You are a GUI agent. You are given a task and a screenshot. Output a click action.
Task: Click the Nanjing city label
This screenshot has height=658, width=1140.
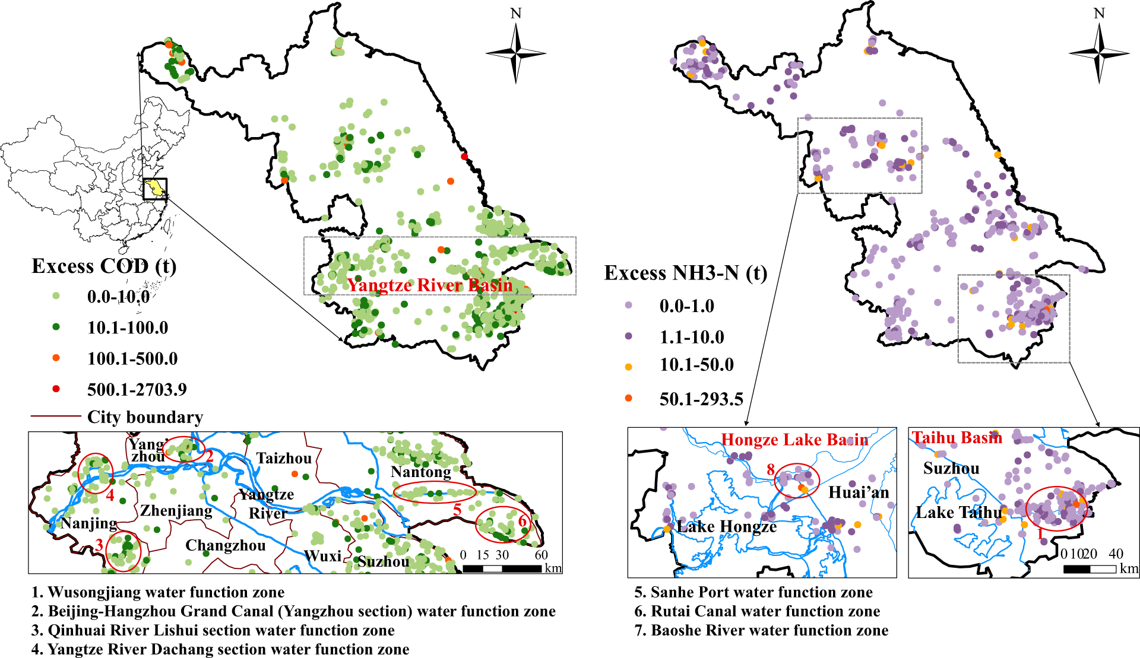point(89,523)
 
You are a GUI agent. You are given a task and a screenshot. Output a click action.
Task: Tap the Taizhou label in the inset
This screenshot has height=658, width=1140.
point(284,458)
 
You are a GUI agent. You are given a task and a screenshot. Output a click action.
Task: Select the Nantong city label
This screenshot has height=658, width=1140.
point(420,472)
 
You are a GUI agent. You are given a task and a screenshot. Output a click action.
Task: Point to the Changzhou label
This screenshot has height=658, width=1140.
point(225,545)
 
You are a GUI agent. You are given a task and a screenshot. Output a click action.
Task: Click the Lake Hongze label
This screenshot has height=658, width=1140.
point(727,526)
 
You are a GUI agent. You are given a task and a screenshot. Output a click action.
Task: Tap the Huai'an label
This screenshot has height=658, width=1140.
point(859,492)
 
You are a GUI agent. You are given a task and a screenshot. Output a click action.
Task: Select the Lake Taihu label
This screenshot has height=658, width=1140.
point(958,513)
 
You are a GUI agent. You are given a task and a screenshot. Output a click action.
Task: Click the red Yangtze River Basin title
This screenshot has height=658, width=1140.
point(429,285)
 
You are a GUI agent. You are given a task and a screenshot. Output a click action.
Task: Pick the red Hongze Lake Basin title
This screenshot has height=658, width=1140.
point(794,440)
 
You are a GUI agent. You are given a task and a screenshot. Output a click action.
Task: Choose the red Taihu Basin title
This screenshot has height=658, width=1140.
point(957,438)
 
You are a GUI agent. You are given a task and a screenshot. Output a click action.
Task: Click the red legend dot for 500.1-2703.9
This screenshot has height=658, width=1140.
point(56,389)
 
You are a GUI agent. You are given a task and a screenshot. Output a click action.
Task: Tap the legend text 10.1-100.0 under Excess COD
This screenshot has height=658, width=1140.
point(128,328)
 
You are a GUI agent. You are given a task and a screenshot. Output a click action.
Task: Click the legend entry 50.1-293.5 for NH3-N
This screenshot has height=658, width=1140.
point(701,399)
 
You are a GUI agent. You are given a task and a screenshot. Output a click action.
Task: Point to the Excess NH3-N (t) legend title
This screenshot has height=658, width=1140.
point(685,273)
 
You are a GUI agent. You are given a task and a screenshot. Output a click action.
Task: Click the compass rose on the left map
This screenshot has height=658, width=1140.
point(515,53)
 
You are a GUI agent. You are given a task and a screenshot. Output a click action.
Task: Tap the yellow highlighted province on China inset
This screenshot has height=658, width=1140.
point(156,189)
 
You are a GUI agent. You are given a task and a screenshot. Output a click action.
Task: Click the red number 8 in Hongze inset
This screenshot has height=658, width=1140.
point(770,470)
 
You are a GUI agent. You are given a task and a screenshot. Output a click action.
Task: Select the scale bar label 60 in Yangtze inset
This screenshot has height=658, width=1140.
point(541,555)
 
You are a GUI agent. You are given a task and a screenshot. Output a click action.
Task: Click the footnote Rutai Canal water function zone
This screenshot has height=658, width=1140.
point(757,611)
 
